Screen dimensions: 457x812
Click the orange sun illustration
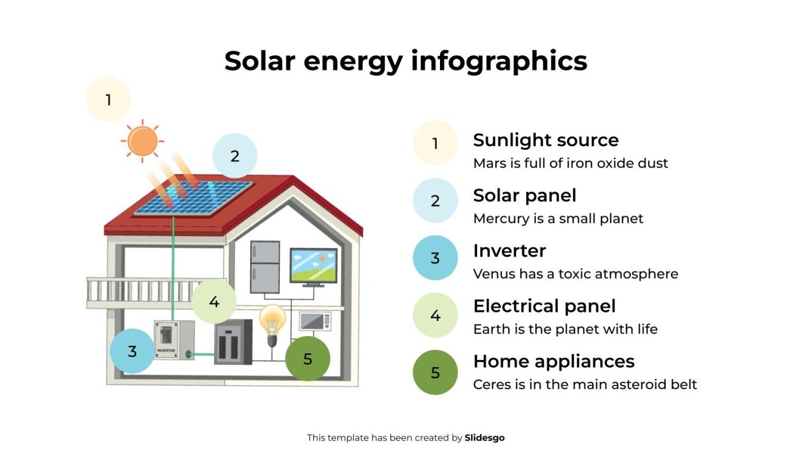[x=143, y=141]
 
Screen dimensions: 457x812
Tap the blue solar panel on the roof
[x=193, y=198]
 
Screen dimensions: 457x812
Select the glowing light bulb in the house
[x=272, y=322]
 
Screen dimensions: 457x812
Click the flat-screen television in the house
[x=313, y=266]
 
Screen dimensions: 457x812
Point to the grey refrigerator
[x=265, y=267]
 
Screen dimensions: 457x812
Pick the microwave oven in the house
[x=315, y=321]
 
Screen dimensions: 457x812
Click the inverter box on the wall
[x=174, y=340]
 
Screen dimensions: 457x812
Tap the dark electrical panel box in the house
[x=233, y=342]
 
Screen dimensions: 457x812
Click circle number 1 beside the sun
[x=109, y=100]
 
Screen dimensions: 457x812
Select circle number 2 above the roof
[x=235, y=156]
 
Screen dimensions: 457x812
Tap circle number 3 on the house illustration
[x=132, y=351]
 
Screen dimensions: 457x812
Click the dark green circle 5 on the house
[x=308, y=359]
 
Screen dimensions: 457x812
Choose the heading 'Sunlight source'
[x=546, y=140]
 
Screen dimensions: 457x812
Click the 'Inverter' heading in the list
[x=509, y=251]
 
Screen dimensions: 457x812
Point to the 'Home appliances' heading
[x=553, y=361]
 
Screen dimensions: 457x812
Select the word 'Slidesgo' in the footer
[x=484, y=438]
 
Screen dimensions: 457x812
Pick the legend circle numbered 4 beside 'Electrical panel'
[x=435, y=315]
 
